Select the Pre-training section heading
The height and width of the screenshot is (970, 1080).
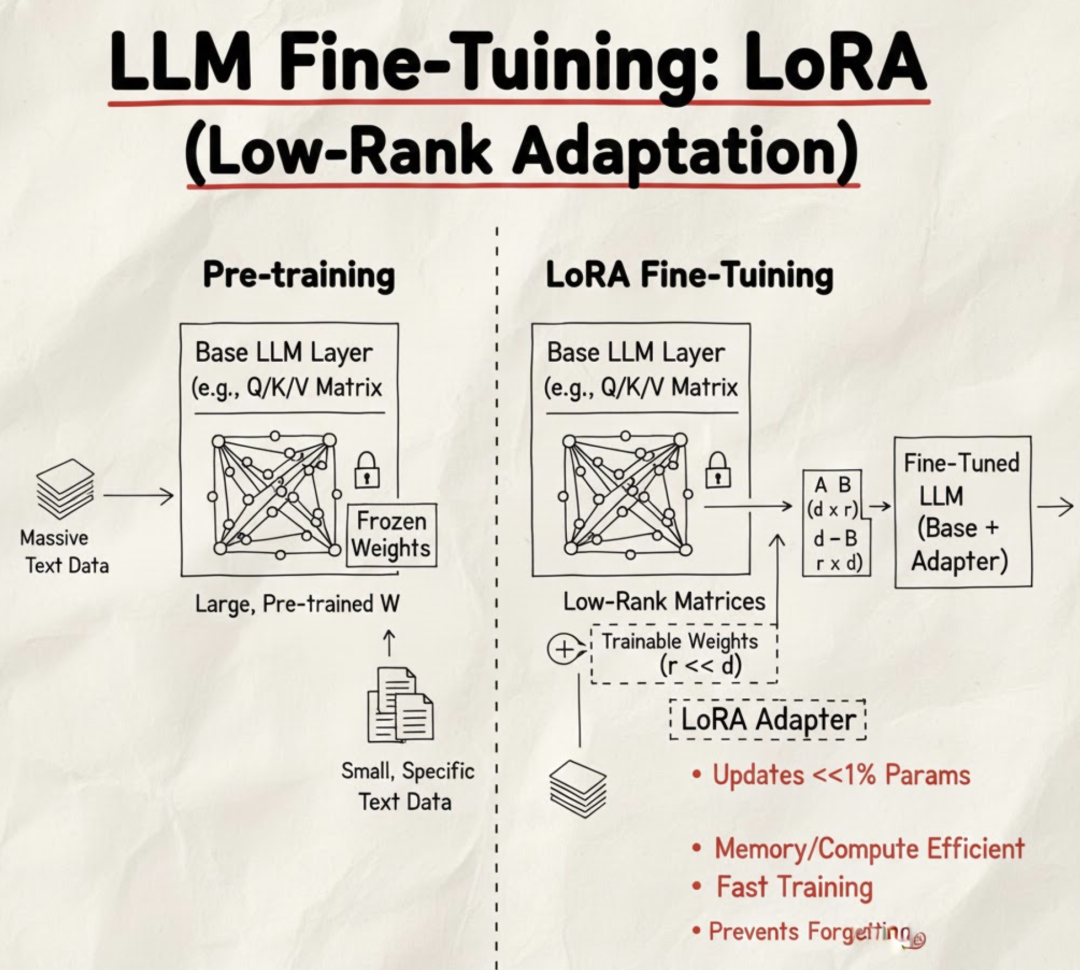click(298, 275)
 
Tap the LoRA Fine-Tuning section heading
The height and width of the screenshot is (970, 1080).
click(689, 275)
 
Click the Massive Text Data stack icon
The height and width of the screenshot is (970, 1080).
click(65, 489)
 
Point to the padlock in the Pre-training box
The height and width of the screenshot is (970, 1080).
click(366, 468)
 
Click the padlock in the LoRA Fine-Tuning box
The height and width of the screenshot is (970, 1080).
click(717, 468)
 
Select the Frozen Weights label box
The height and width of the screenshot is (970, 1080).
click(391, 535)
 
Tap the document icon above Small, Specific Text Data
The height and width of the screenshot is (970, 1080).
click(400, 704)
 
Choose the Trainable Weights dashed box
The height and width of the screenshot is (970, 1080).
click(684, 654)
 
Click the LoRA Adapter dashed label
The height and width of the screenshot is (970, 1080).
click(767, 720)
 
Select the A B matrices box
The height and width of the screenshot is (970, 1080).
click(833, 524)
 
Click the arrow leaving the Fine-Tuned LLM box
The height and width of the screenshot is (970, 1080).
click(1055, 508)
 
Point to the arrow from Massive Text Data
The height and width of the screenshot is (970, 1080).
click(138, 494)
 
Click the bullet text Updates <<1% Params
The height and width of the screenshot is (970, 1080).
click(840, 775)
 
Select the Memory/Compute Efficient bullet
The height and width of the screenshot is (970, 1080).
click(868, 849)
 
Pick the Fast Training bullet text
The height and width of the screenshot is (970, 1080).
click(794, 887)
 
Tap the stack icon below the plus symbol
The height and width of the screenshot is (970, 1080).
click(578, 787)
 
